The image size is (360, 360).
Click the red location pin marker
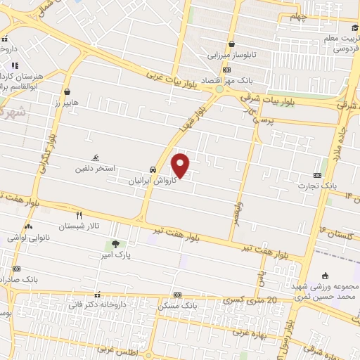181,166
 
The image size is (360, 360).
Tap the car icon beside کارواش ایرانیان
153,170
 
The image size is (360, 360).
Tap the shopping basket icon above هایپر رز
67,91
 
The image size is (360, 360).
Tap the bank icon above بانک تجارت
317,175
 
